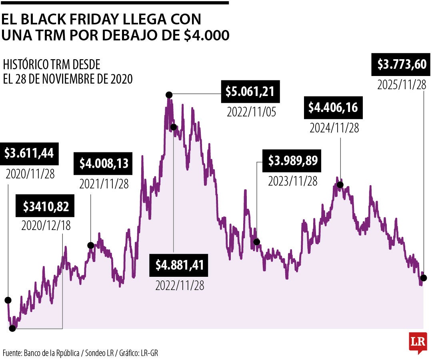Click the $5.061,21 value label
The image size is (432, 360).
(250, 92)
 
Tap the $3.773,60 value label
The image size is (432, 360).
(402, 64)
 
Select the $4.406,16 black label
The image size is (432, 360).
(333, 108)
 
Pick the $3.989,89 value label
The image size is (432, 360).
(292, 161)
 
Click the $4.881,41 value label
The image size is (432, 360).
(180, 265)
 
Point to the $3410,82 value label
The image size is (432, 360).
(46, 206)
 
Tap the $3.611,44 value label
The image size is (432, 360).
(29, 153)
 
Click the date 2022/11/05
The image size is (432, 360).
(251, 112)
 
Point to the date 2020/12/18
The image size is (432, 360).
(46, 226)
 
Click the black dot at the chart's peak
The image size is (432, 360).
(169, 95)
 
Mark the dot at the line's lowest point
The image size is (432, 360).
(12, 328)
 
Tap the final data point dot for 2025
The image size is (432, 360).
(424, 278)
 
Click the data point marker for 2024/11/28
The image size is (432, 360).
(340, 184)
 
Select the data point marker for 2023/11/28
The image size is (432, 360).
(257, 242)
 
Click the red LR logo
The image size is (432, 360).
(418, 342)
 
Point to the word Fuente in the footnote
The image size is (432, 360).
(12, 353)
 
